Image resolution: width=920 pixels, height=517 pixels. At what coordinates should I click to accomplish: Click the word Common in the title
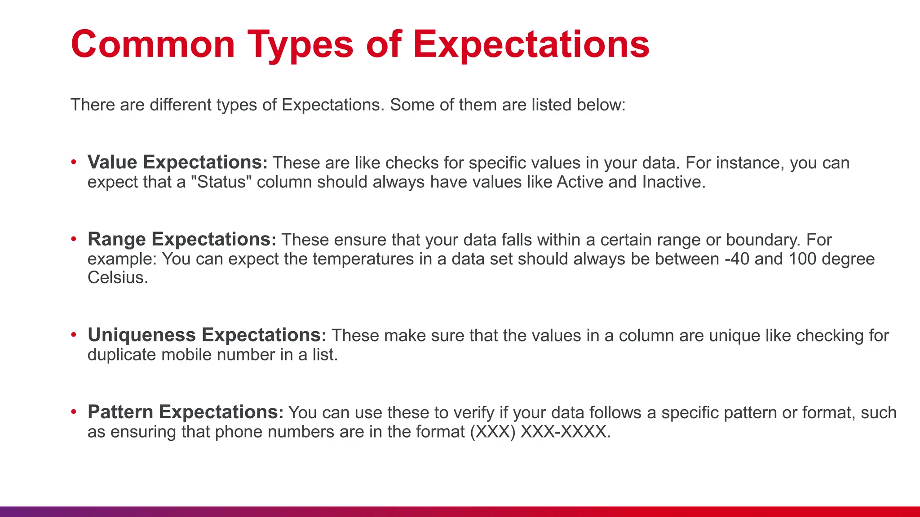pyautogui.click(x=153, y=44)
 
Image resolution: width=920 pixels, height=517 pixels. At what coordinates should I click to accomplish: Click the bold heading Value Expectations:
pyautogui.click(x=177, y=162)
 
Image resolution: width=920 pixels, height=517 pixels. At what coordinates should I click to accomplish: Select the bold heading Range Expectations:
pyautogui.click(x=181, y=239)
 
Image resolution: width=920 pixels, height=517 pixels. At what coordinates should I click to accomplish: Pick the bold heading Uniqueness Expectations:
pyautogui.click(x=207, y=335)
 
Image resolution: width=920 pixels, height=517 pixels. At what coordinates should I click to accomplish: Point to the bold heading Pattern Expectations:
pyautogui.click(x=185, y=412)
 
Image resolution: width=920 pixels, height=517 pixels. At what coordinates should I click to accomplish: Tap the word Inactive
pyautogui.click(x=673, y=182)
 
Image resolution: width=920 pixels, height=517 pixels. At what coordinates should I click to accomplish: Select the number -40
pyautogui.click(x=737, y=259)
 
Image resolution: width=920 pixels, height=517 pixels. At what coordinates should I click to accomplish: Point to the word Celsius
pyautogui.click(x=117, y=278)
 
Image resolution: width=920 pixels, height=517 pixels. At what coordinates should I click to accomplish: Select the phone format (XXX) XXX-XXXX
pyautogui.click(x=540, y=432)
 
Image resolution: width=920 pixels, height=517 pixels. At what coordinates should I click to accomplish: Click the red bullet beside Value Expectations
pyautogui.click(x=74, y=162)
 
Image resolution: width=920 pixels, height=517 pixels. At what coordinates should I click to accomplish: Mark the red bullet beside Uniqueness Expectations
pyautogui.click(x=74, y=335)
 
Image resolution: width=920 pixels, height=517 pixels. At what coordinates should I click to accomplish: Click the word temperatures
pyautogui.click(x=363, y=259)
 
